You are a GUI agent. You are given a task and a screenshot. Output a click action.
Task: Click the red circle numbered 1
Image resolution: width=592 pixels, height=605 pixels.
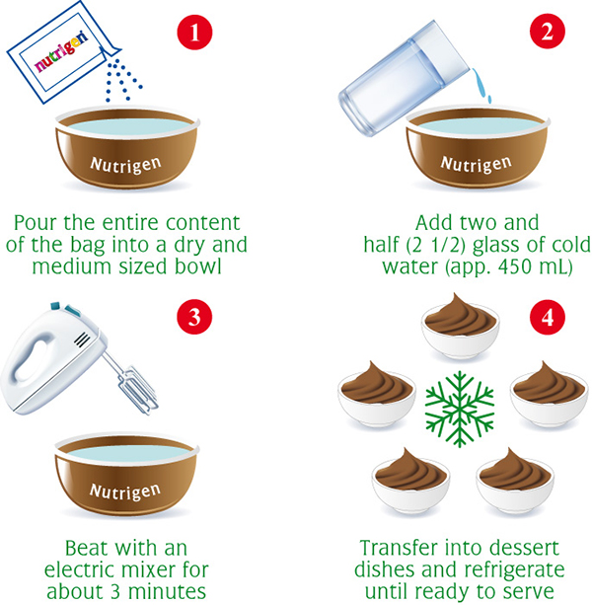[x=194, y=32]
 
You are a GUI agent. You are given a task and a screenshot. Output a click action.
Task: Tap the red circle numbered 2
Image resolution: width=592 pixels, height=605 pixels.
[x=548, y=32]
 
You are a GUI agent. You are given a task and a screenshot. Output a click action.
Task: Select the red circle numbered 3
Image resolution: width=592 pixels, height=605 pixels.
[x=194, y=317]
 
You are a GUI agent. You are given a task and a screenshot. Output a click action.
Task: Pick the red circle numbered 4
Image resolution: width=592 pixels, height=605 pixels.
[x=548, y=318]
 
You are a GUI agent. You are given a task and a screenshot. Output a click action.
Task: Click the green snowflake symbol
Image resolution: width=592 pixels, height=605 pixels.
[x=460, y=409]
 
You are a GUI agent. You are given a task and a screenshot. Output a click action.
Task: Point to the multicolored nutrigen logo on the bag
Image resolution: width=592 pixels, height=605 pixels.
[x=62, y=53]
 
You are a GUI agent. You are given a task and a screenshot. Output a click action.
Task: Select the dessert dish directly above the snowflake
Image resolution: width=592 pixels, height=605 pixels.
[x=460, y=326]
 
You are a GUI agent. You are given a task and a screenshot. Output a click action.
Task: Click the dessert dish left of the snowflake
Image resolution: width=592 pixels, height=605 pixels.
[x=377, y=395]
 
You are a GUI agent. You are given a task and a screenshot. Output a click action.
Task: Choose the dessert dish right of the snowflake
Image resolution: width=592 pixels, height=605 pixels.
[x=550, y=395]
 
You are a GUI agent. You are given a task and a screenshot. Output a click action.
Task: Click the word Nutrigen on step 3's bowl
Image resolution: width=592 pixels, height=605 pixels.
[x=125, y=492]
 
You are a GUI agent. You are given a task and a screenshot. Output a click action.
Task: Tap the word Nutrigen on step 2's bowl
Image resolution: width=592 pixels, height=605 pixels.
[x=477, y=164]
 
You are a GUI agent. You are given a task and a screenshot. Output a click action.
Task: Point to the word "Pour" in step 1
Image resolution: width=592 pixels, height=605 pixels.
[x=37, y=223]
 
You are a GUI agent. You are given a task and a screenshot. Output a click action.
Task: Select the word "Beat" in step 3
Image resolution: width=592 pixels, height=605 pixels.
[x=88, y=548]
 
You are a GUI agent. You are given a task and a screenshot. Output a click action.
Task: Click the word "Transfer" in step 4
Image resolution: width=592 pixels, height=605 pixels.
[x=399, y=548]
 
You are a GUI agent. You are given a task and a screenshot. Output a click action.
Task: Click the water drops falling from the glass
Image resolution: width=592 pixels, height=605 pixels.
[x=482, y=86]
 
